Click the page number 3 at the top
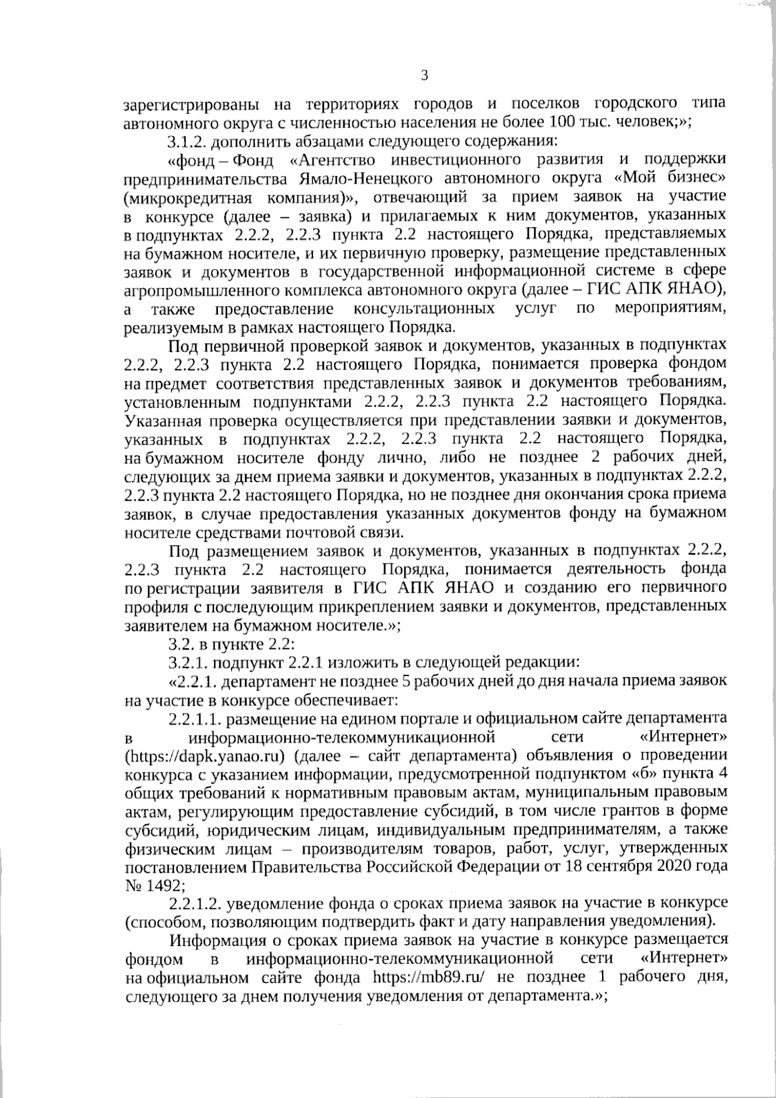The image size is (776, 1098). coord(424,76)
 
